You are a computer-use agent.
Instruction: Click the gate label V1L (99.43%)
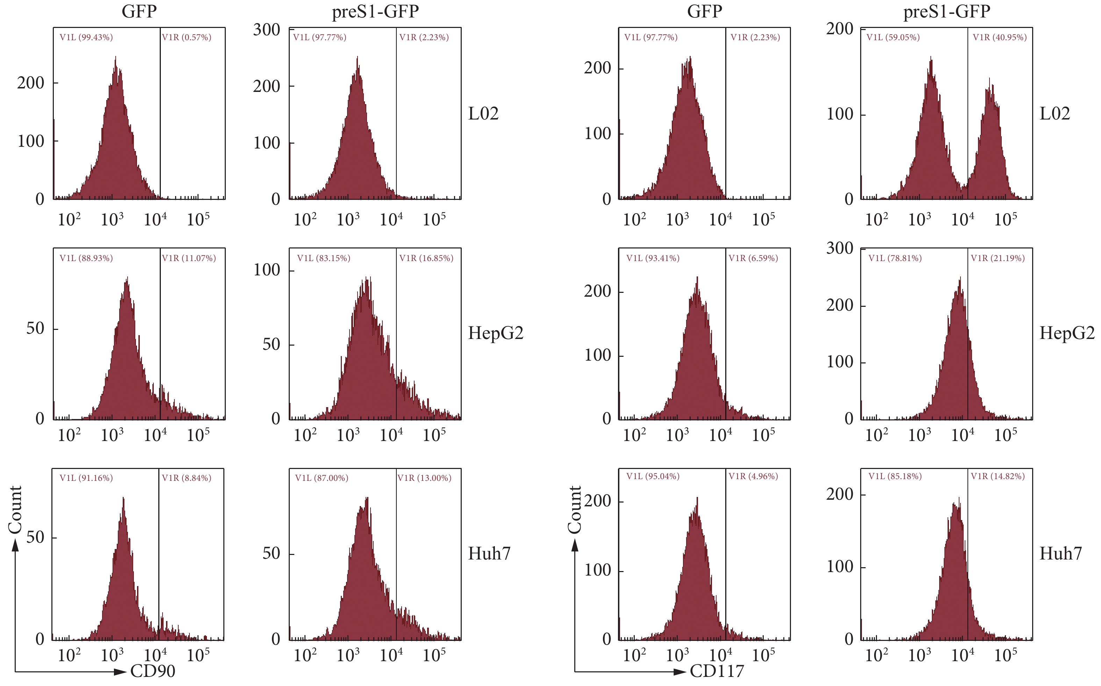[86, 37]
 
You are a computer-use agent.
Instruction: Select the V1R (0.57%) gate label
[186, 37]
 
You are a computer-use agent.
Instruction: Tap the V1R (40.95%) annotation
[999, 37]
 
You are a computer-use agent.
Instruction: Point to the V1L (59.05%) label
[893, 37]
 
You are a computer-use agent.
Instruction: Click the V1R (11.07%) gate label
[189, 258]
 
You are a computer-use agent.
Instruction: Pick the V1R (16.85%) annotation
[426, 258]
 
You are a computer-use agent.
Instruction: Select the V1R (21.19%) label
[998, 258]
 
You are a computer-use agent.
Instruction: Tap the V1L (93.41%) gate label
[653, 258]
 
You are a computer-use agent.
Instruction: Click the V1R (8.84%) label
[186, 478]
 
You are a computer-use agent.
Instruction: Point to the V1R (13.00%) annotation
[424, 478]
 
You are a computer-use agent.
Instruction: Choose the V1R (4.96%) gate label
[753, 476]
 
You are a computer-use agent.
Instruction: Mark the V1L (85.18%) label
[895, 476]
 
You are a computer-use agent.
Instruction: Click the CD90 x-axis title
[153, 671]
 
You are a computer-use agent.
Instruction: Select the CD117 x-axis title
[717, 671]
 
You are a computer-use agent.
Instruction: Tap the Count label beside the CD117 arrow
[574, 509]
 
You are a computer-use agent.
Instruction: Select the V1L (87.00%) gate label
[322, 478]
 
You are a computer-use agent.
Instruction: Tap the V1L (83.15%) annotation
[323, 258]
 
